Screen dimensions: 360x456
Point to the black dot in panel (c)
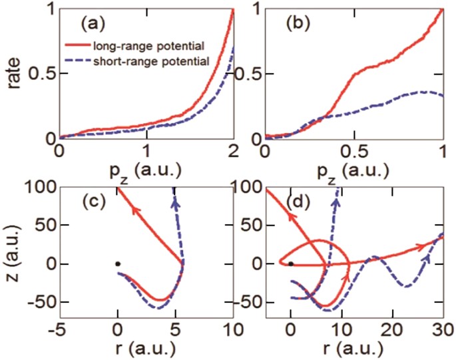pos(117,264)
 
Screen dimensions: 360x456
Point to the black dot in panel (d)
pos(291,264)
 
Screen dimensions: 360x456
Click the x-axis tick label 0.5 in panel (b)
pos(353,152)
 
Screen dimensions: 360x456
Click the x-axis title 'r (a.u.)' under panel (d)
pos(354,349)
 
